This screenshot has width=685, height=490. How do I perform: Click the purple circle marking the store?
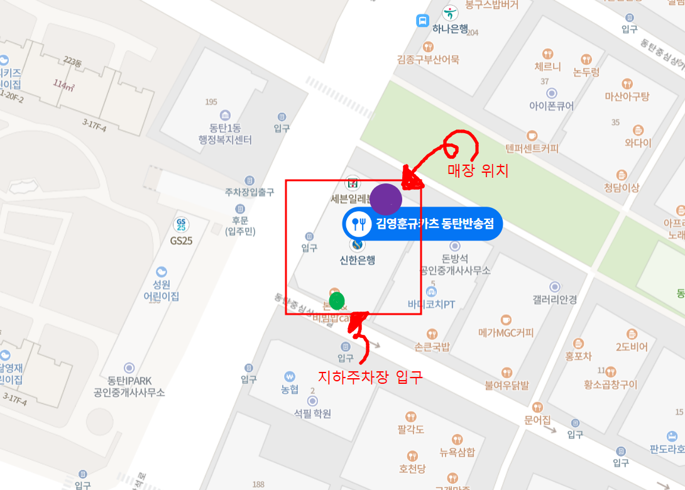[386, 199]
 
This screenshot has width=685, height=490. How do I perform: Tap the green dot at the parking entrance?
[337, 300]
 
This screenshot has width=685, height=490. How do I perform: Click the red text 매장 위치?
[478, 170]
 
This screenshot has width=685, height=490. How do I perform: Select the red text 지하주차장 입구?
[370, 377]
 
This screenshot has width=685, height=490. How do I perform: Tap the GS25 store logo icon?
[181, 224]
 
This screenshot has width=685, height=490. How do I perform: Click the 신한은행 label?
[358, 259]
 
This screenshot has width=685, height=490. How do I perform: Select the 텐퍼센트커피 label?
[532, 149]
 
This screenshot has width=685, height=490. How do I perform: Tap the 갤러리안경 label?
[554, 300]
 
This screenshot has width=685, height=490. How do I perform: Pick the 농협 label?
[290, 389]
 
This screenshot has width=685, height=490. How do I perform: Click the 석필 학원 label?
[312, 413]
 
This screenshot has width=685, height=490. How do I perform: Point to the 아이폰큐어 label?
[552, 106]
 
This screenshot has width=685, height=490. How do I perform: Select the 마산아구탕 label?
[627, 96]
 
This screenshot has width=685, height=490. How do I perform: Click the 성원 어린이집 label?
[162, 290]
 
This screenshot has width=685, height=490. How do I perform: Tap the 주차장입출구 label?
[249, 192]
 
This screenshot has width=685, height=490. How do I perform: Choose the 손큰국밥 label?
[432, 346]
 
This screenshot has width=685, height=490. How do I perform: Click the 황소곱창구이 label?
[610, 384]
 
